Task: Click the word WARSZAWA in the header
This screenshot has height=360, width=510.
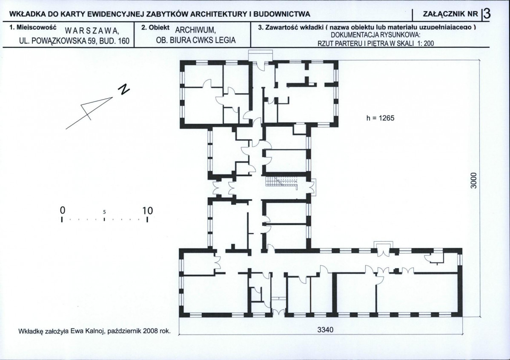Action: tap(91, 31)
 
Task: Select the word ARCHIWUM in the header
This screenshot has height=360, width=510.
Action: tap(195, 31)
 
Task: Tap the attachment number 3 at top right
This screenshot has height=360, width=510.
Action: tap(487, 14)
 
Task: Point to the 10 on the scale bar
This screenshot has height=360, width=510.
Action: tap(147, 211)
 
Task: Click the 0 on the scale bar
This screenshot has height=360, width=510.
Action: tap(63, 210)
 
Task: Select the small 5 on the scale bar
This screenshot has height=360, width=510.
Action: tap(104, 212)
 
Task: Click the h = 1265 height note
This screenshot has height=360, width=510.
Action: tap(380, 118)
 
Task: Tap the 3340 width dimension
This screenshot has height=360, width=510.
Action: tap(325, 330)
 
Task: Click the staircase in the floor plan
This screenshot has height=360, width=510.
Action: tap(282, 183)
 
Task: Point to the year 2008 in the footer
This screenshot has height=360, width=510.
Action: tap(151, 331)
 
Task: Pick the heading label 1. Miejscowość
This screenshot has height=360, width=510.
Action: tap(33, 27)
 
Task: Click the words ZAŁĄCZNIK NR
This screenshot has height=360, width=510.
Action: tap(451, 14)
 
